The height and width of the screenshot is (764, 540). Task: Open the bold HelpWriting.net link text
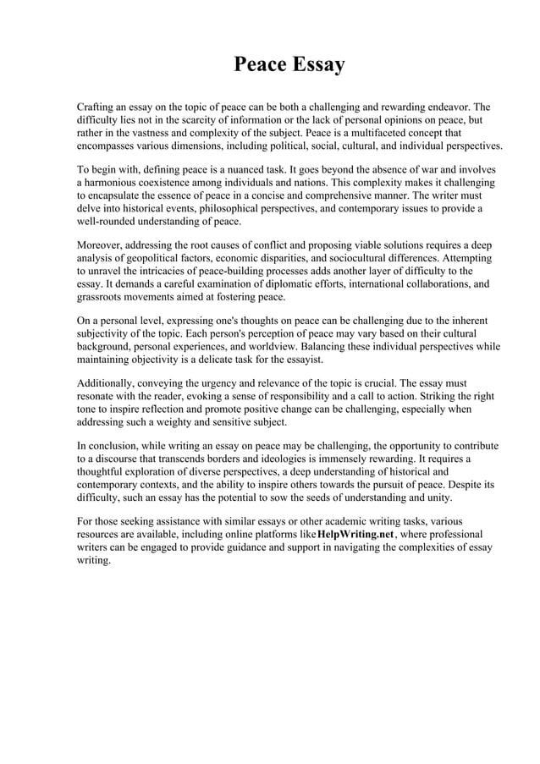[x=355, y=536]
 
